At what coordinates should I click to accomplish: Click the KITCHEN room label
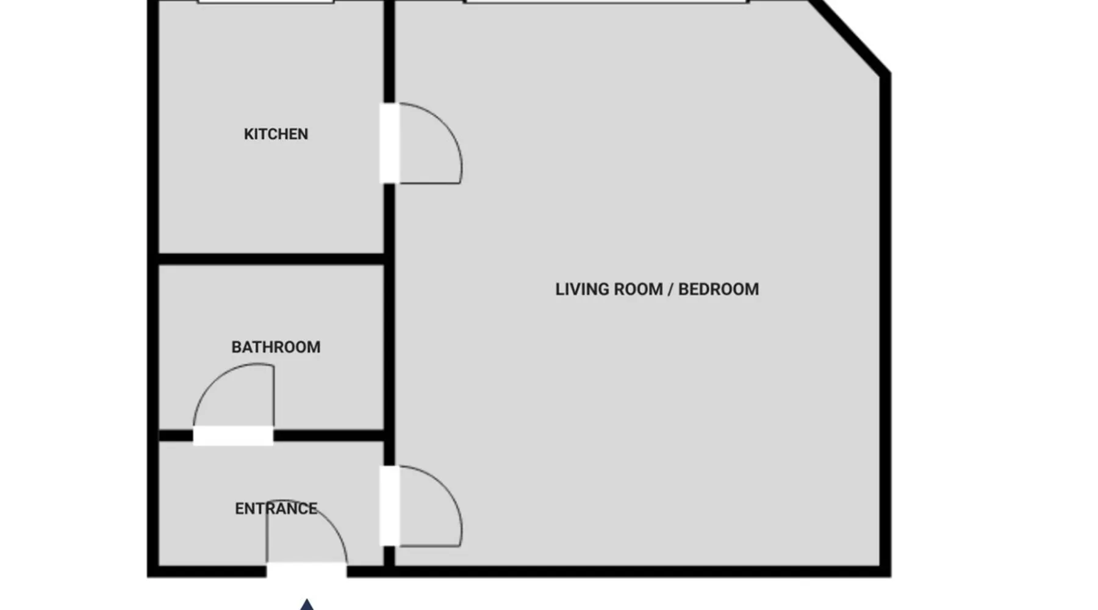coord(276,134)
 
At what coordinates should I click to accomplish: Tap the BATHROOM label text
coord(276,347)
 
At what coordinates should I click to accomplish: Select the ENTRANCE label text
coord(276,509)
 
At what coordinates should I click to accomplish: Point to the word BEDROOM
coord(719,289)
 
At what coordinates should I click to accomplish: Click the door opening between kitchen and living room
coord(389,143)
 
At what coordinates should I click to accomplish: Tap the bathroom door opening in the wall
coord(233,436)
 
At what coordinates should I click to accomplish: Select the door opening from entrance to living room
coord(389,506)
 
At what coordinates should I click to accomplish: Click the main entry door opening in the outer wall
coord(306,571)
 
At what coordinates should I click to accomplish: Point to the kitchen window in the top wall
coord(266,2)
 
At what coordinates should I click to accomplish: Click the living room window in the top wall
coord(606,2)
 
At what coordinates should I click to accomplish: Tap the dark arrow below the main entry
coord(307,605)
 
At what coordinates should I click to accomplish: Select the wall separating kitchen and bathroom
coord(271,259)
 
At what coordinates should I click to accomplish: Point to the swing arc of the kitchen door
coord(443,121)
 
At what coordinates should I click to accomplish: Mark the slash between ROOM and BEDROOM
coord(670,289)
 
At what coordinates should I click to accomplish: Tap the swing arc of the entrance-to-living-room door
coord(443,484)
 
